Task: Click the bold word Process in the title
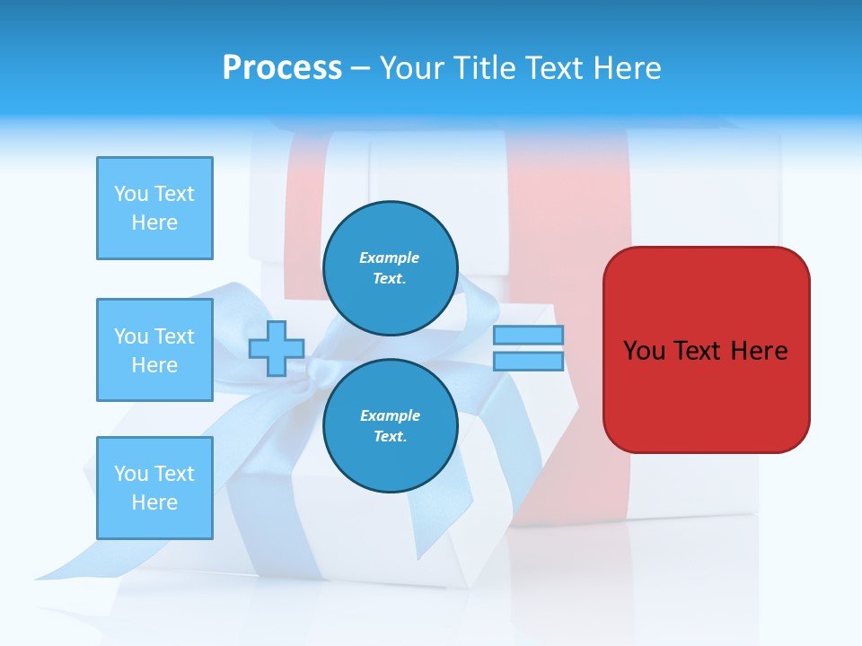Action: point(282,68)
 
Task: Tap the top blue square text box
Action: point(154,208)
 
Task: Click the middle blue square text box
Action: point(154,350)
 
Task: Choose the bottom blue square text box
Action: point(154,488)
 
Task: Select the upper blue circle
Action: point(390,267)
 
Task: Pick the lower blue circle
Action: point(390,425)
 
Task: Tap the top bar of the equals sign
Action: point(528,336)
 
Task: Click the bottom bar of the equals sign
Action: point(528,362)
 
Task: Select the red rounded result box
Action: point(706,350)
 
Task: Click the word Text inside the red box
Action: point(699,351)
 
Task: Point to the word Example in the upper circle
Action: point(389,258)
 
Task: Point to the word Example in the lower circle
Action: point(389,415)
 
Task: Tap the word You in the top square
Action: point(131,194)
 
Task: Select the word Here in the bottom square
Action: point(154,502)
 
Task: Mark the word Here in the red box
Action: point(760,351)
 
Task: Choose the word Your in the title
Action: point(413,68)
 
